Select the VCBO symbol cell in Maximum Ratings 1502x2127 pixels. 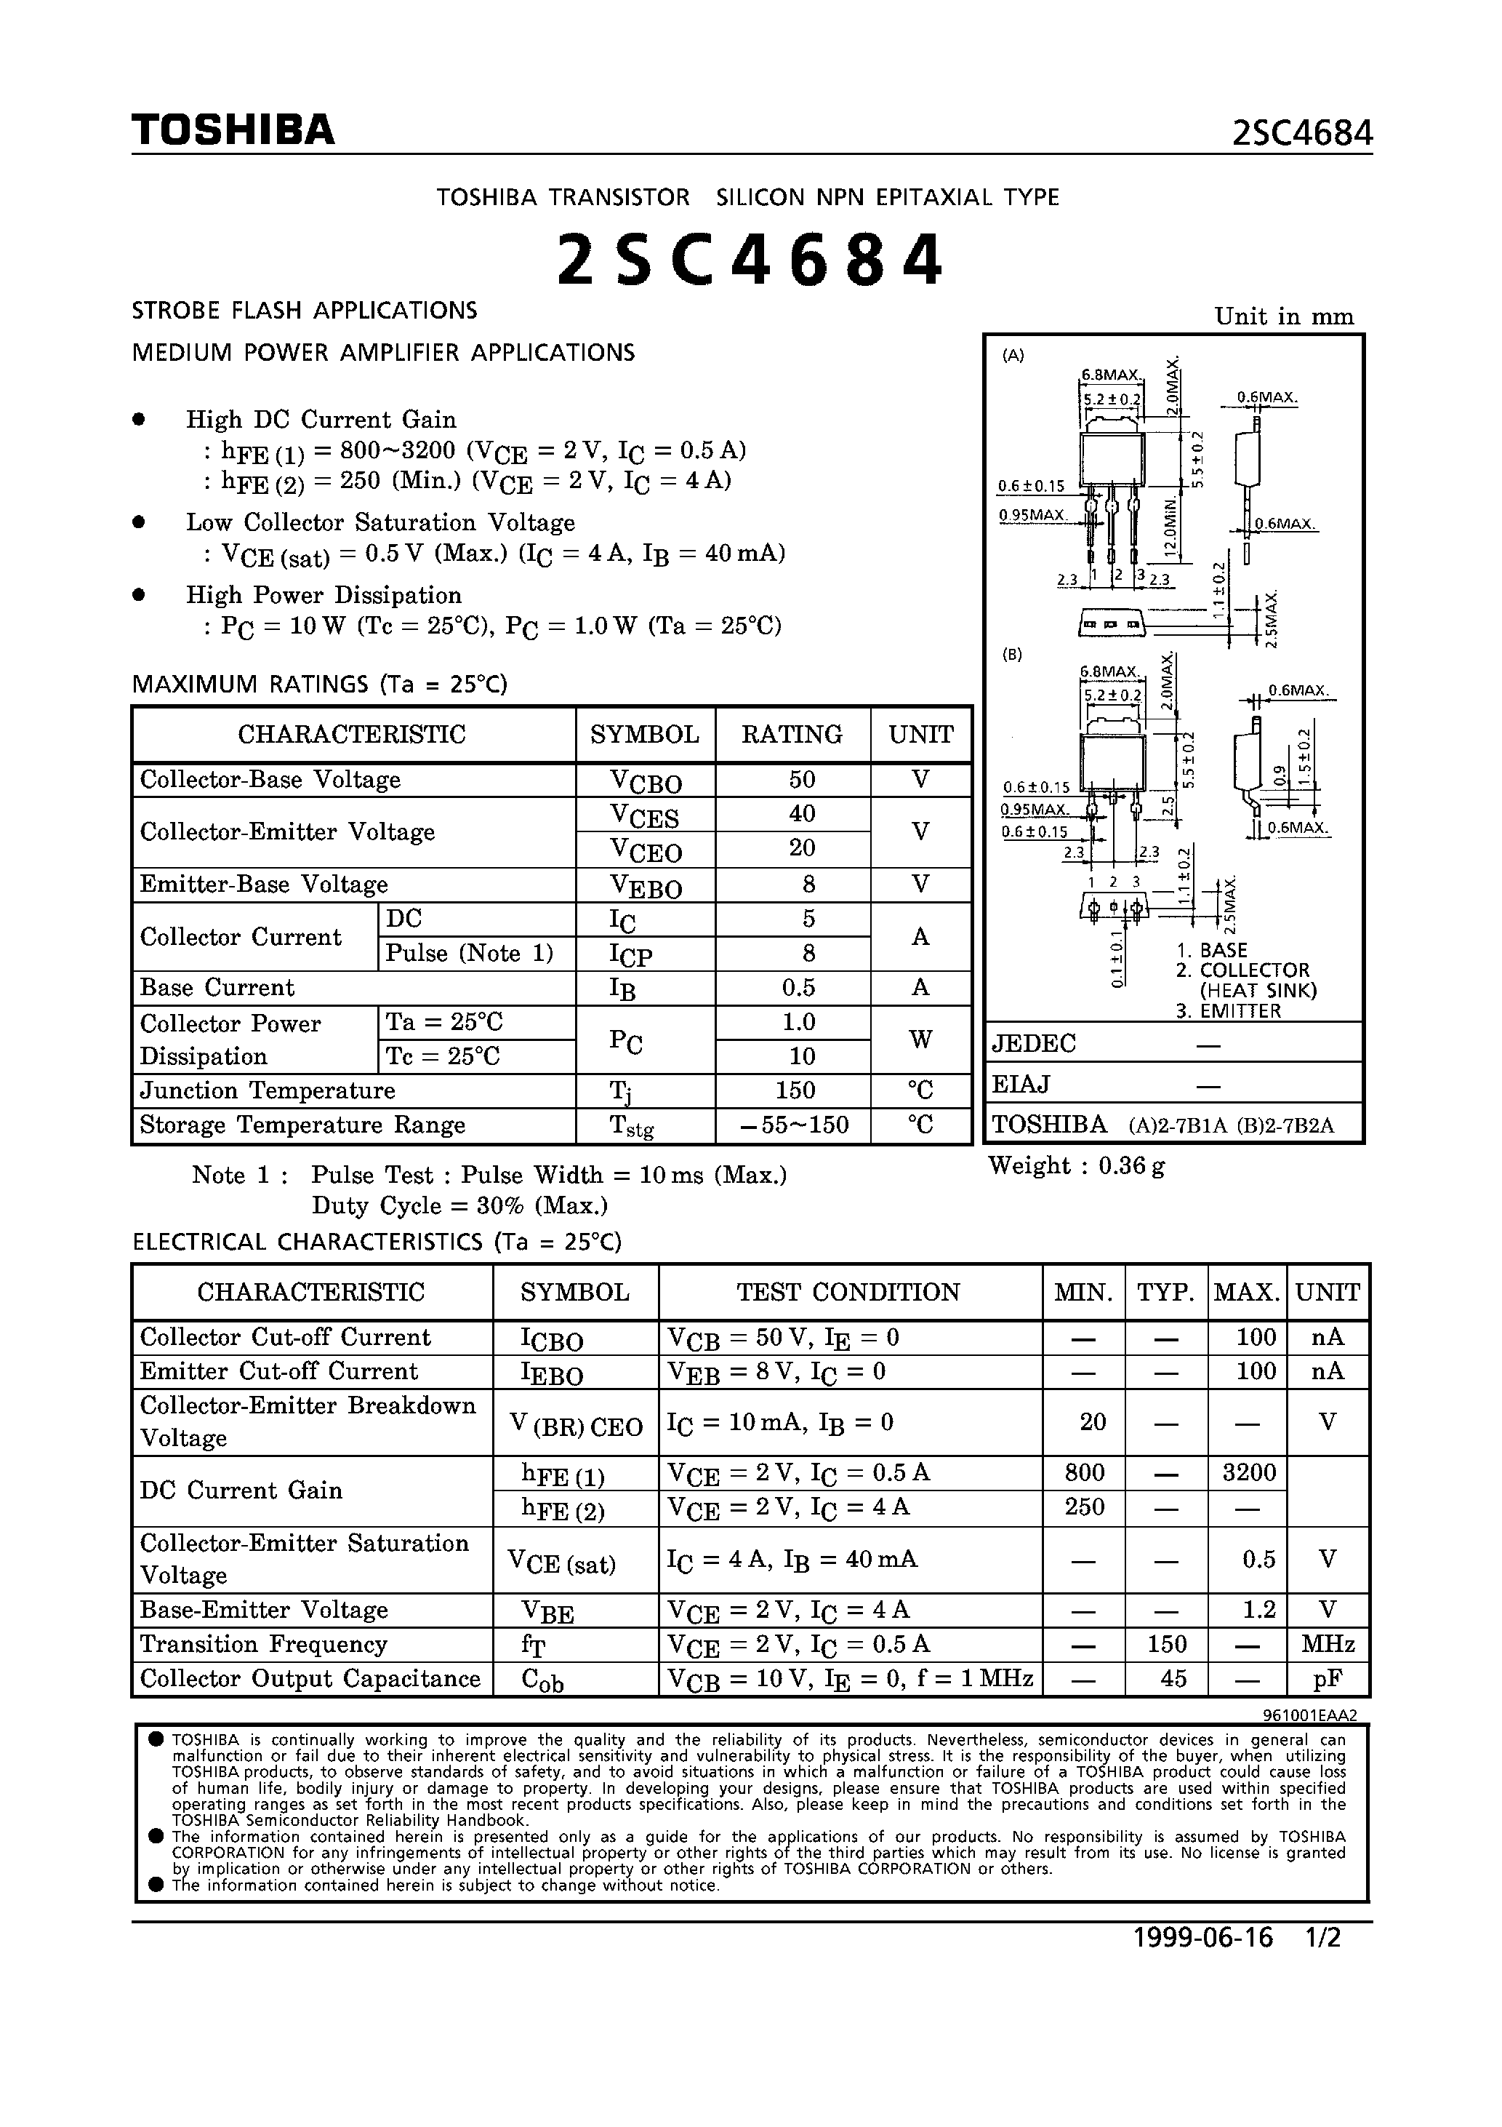[x=646, y=781]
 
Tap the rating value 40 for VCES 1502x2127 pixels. [x=801, y=813]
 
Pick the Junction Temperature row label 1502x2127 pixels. [x=268, y=1090]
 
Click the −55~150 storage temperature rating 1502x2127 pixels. [x=795, y=1125]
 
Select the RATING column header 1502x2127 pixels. [x=792, y=735]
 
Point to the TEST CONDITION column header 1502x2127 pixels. [x=848, y=1293]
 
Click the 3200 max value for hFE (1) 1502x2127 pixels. [x=1248, y=1472]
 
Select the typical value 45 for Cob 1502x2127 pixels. [x=1173, y=1679]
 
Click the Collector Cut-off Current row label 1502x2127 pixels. [x=285, y=1337]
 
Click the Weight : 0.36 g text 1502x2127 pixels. [x=1076, y=1165]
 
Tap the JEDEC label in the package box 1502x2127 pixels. [x=1033, y=1044]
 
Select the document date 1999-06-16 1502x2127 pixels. [x=1203, y=1938]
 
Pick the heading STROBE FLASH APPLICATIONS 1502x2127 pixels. [x=305, y=311]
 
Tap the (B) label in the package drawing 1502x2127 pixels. [x=1012, y=654]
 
